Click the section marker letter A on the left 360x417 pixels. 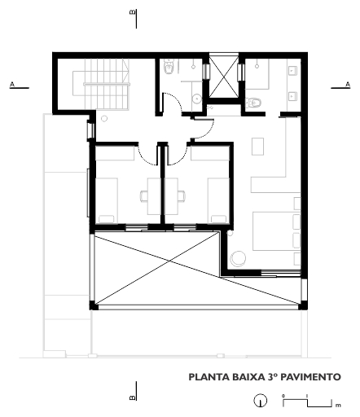coord(12,85)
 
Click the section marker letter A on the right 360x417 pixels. coord(348,85)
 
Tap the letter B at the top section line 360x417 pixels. coord(133,12)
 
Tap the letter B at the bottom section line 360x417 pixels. coord(132,397)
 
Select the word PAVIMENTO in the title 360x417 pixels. coord(310,377)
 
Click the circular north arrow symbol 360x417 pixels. coord(261,401)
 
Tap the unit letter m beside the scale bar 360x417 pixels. coord(338,406)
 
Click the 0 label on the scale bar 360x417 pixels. coord(283,396)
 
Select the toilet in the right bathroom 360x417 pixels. coord(254,103)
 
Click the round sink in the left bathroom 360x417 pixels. coord(196,99)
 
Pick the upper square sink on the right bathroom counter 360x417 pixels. coord(292,71)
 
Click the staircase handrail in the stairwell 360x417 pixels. coord(107,85)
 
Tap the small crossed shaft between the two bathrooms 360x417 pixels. coord(223,76)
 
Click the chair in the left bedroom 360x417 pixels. coord(144,195)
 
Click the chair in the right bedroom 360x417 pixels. coord(182,195)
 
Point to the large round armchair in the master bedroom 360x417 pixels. coord(238,258)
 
